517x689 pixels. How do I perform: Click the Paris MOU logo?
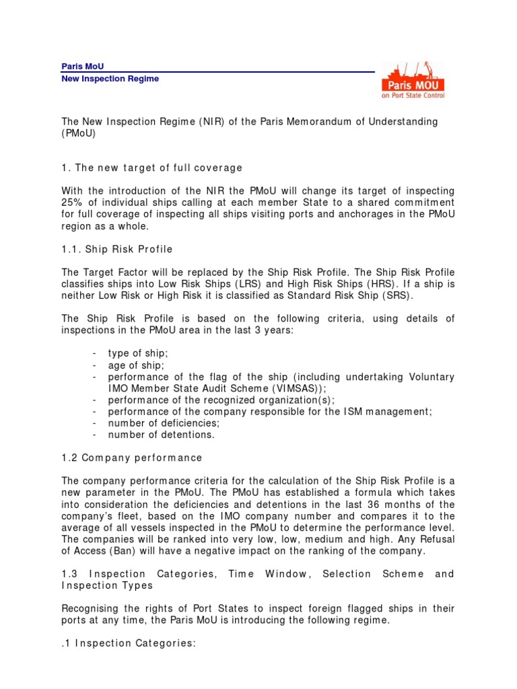pyautogui.click(x=413, y=80)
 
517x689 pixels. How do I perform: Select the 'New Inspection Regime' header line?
pyautogui.click(x=110, y=79)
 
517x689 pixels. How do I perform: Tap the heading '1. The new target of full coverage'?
pyautogui.click(x=151, y=167)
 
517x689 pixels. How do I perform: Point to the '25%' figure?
pyautogui.click(x=73, y=203)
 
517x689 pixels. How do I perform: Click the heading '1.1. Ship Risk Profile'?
pyautogui.click(x=117, y=249)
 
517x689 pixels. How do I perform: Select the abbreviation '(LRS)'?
pyautogui.click(x=236, y=283)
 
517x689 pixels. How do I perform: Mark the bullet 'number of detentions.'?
pyautogui.click(x=162, y=435)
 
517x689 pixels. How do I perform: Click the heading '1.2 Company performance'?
pyautogui.click(x=132, y=458)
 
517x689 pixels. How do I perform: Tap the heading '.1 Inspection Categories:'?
pyautogui.click(x=129, y=643)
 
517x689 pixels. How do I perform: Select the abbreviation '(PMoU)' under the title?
pyautogui.click(x=79, y=133)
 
